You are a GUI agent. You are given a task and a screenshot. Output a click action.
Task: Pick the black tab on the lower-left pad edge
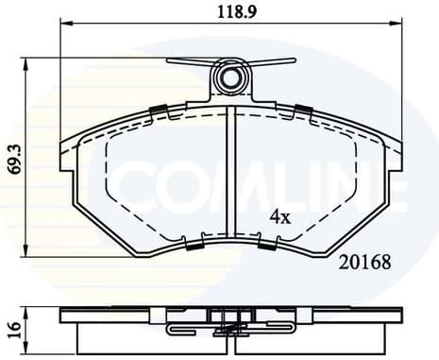(x=194, y=246)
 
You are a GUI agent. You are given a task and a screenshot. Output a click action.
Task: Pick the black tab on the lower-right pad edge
(x=266, y=246)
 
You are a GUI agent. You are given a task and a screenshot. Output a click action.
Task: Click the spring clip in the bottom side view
(x=229, y=329)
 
